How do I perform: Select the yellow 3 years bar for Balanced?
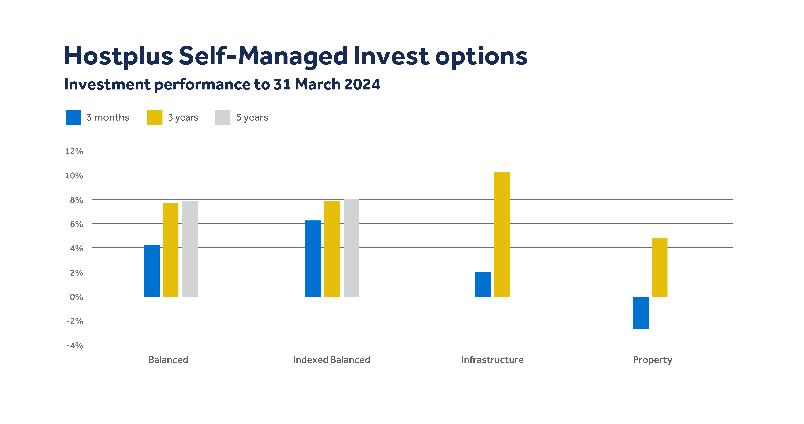pos(170,250)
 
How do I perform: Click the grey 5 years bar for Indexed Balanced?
pos(351,248)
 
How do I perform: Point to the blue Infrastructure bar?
pos(483,284)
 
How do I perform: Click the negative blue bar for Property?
pos(640,313)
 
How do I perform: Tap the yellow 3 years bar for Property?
pos(659,267)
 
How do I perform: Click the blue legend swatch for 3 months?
pos(73,117)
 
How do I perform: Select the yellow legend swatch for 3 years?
pos(155,117)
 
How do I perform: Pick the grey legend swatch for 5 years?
pos(223,117)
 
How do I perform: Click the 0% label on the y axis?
pos(76,297)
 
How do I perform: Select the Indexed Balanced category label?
pos(331,360)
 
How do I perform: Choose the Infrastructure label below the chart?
pos(492,360)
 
